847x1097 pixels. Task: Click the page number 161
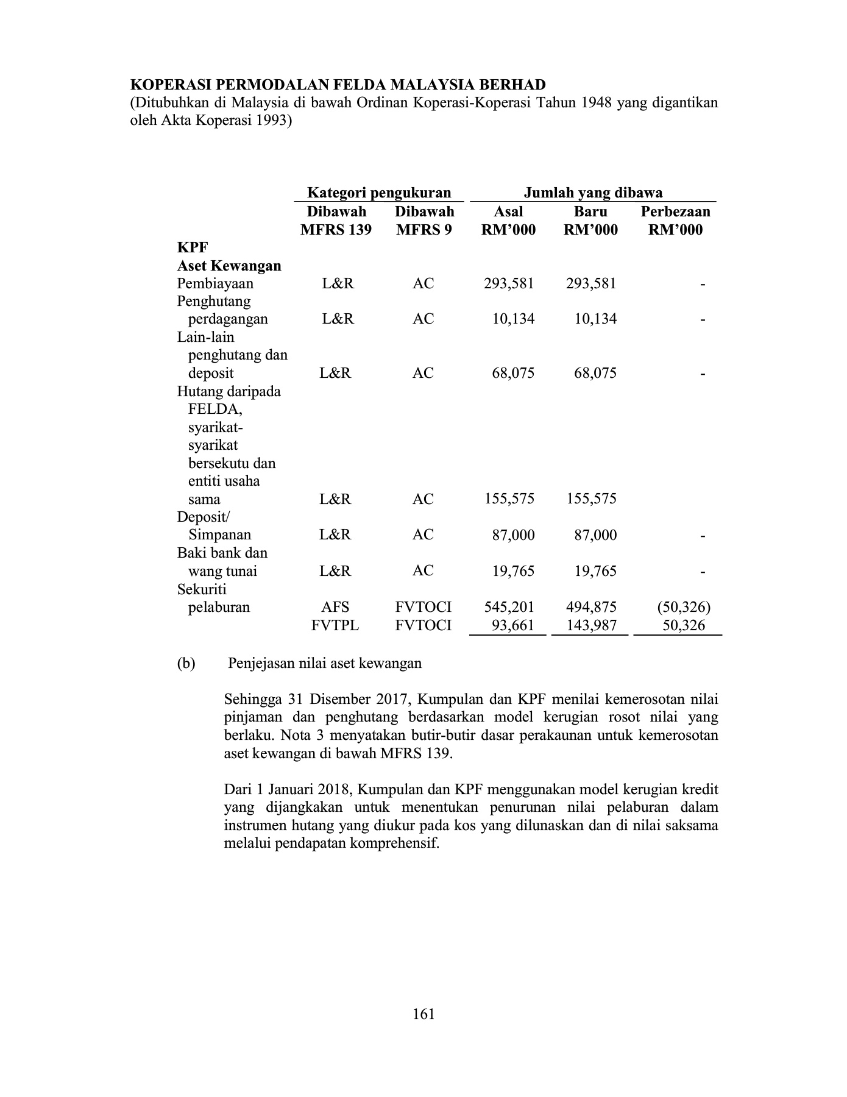[x=423, y=1014]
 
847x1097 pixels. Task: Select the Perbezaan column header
[x=675, y=211]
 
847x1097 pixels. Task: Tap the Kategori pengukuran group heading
[x=378, y=193]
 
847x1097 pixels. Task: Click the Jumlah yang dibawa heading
[x=593, y=193]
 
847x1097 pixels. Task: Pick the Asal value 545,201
[x=509, y=607]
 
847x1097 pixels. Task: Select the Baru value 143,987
[x=591, y=625]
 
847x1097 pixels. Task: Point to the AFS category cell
[x=335, y=607]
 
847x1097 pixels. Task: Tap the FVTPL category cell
[x=335, y=625]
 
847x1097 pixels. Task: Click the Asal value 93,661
[x=513, y=625]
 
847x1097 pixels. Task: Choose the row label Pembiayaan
[x=215, y=283]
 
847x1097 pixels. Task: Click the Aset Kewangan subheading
[x=229, y=266]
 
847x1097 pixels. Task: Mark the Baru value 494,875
[x=591, y=607]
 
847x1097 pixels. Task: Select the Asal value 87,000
[x=513, y=535]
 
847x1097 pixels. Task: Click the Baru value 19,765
[x=595, y=571]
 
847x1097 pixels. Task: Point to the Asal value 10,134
[x=513, y=319]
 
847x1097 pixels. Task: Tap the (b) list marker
[x=186, y=663]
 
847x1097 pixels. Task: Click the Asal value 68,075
[x=513, y=373]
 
